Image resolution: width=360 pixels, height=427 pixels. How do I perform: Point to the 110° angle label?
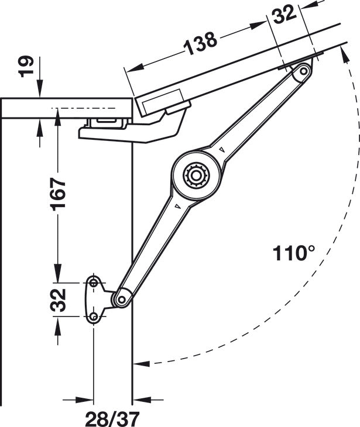[x=293, y=253]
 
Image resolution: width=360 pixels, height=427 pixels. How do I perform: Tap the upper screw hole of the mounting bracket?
[x=94, y=283]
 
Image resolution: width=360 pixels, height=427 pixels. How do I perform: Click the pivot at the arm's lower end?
[x=122, y=299]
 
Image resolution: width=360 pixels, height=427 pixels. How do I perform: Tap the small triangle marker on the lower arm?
[x=176, y=206]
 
